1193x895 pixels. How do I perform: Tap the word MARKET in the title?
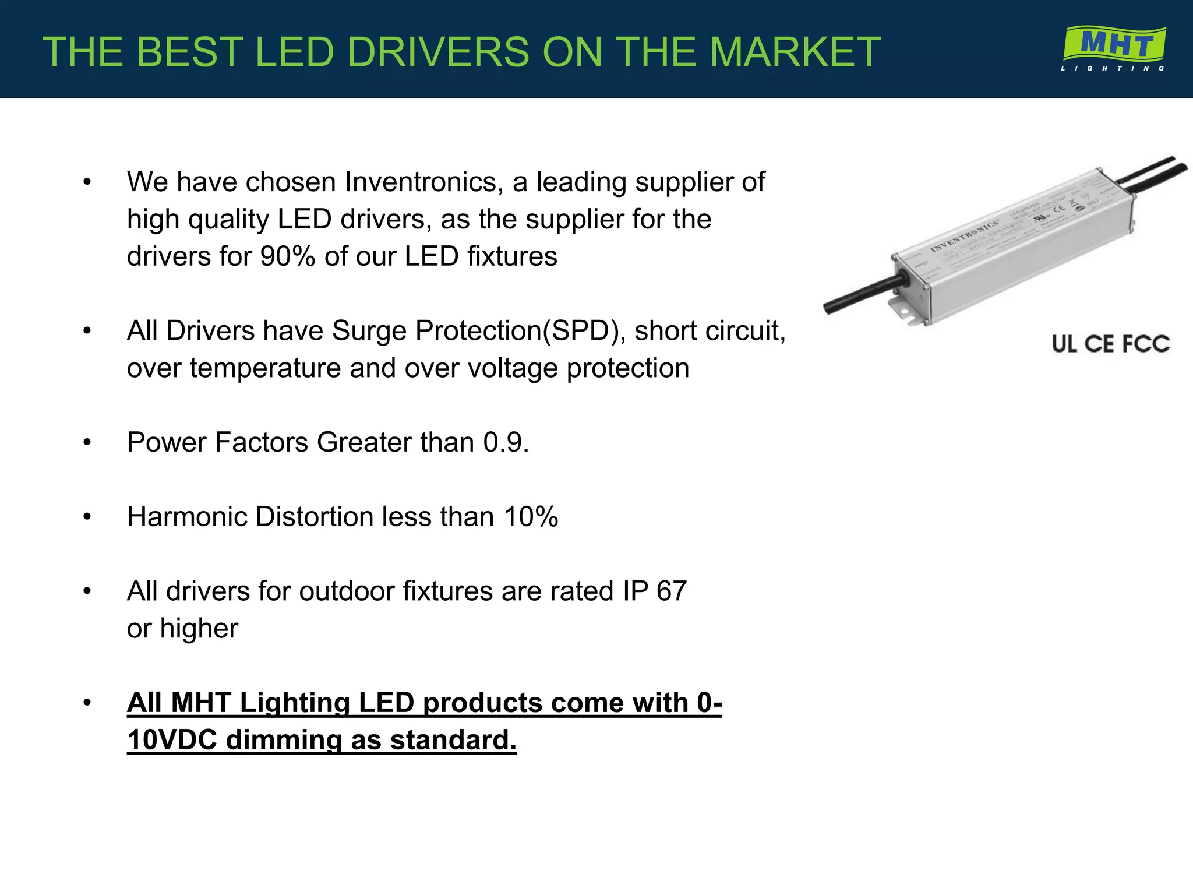pos(795,52)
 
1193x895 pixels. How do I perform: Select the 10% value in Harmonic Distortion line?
pos(531,517)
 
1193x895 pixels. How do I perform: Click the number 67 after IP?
pos(671,591)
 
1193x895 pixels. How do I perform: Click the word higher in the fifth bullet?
pos(199,629)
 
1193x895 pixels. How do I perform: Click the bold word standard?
pos(453,740)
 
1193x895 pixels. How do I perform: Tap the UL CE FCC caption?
pos(1110,344)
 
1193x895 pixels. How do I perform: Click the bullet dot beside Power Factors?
pos(87,443)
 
